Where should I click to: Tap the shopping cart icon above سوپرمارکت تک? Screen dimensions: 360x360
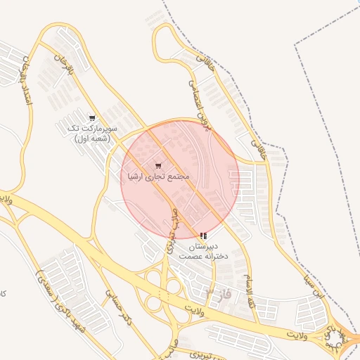tap(92, 118)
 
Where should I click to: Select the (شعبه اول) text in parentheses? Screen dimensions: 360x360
tap(92, 139)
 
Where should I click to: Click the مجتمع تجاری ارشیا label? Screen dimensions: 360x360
tap(157, 176)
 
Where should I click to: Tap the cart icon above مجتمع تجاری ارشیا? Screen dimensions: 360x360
tap(157, 166)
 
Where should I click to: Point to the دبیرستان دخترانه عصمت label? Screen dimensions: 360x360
tap(202, 252)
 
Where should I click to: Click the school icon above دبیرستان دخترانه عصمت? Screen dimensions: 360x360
tap(202, 236)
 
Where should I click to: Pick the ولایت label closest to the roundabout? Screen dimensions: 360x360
tap(302, 330)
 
